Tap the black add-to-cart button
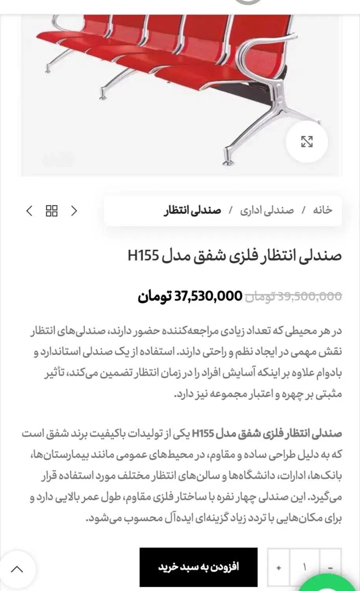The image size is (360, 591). [x=199, y=567]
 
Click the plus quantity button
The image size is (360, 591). [x=279, y=568]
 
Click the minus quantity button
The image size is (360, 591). [x=330, y=568]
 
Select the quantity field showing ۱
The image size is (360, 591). [x=304, y=568]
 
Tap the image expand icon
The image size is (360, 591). [x=307, y=142]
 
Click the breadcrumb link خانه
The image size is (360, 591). [x=323, y=210]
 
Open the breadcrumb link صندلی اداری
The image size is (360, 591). [x=267, y=210]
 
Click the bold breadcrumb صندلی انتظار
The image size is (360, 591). [x=192, y=210]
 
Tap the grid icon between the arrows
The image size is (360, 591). [x=52, y=211]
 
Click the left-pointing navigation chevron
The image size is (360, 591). [x=29, y=211]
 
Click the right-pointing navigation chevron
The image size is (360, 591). [x=74, y=211]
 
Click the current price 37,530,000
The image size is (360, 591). [x=208, y=296]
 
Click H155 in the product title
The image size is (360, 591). [x=143, y=256]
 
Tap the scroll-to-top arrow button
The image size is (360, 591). [x=17, y=569]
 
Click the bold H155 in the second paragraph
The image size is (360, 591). [x=203, y=434]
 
